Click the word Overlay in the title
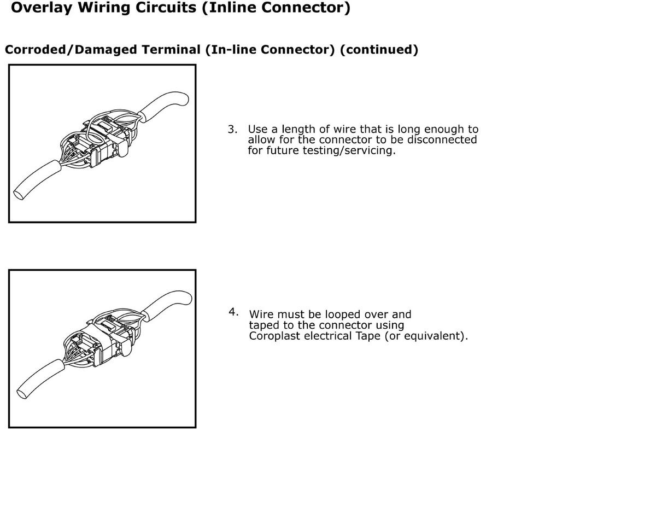click(42, 8)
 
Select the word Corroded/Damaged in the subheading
click(71, 50)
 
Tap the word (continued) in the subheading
click(379, 50)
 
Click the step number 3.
click(232, 129)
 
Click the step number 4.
click(233, 312)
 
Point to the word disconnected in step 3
click(442, 139)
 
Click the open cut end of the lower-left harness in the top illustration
click(19, 195)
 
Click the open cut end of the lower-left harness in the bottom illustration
click(22, 394)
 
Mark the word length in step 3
click(298, 129)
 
